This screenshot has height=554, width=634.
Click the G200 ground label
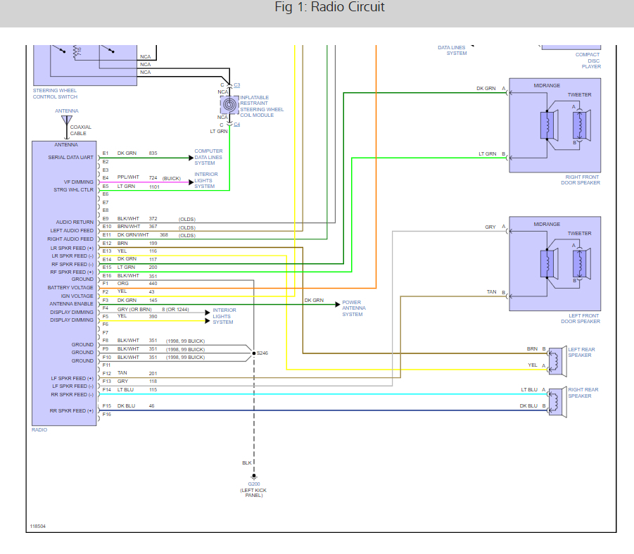(x=254, y=484)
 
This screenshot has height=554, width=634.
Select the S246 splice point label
(x=262, y=353)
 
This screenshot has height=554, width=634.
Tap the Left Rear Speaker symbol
(x=557, y=361)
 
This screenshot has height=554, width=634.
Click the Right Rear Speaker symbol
(x=557, y=403)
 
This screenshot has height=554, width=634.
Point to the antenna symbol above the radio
(x=67, y=120)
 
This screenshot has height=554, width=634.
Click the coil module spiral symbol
(x=229, y=105)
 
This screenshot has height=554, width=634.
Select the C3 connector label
(x=237, y=85)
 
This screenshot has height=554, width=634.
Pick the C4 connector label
(x=237, y=124)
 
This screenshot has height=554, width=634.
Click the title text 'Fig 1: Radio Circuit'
(x=329, y=7)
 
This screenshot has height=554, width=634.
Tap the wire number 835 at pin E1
(x=153, y=153)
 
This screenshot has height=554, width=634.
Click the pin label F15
(x=107, y=405)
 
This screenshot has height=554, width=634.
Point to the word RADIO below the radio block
(x=39, y=430)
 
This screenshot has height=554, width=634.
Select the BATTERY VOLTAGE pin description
(x=70, y=287)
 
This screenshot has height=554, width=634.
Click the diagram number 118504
(x=37, y=526)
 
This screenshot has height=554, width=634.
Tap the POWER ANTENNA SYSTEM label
(x=354, y=308)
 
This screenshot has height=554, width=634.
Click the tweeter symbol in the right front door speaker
(x=581, y=125)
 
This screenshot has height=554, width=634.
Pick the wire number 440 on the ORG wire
(x=153, y=284)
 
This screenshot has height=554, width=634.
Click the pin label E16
(x=107, y=276)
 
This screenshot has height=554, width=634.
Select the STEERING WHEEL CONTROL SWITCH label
(x=55, y=94)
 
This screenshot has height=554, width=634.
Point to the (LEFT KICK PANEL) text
(x=253, y=493)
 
